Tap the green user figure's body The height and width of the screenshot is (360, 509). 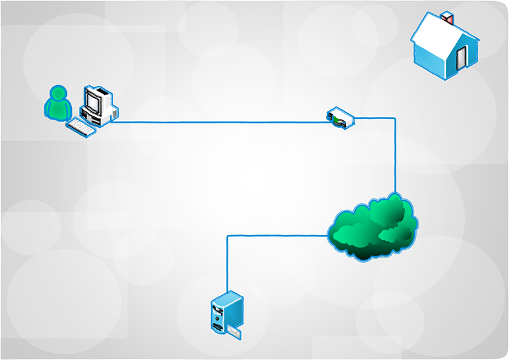58,111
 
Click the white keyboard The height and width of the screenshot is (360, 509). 81,127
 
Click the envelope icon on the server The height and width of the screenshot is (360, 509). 235,332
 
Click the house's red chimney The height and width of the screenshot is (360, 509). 449,17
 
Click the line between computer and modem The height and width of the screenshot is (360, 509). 216,122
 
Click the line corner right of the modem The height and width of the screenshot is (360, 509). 395,117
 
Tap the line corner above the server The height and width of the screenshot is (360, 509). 227,237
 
